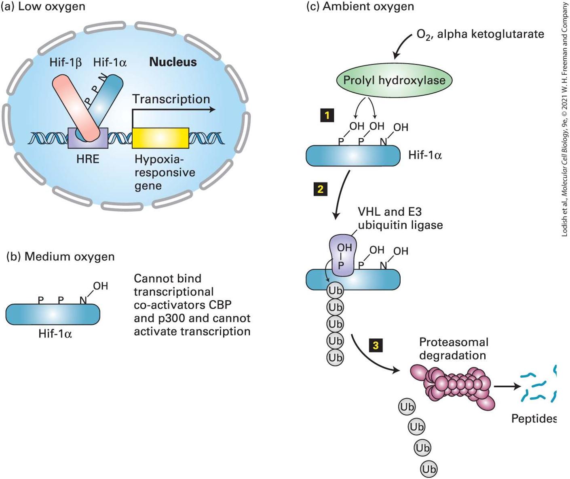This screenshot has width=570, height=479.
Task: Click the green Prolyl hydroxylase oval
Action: coord(394,80)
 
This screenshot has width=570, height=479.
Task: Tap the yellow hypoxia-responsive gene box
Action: coord(160,138)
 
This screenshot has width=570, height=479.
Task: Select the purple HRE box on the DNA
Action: coord(88,138)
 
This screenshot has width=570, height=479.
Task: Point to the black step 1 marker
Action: coord(327,116)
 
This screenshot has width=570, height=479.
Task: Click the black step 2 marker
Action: coord(321,189)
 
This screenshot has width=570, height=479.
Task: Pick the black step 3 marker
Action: coord(376,345)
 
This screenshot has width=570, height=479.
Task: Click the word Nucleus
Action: coord(173,62)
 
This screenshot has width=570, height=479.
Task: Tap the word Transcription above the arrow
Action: coord(171,99)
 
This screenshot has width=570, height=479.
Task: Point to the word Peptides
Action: coord(534,419)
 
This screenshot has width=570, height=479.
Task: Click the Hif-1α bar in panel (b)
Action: coord(53,314)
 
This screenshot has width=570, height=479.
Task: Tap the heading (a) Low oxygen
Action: coord(43,6)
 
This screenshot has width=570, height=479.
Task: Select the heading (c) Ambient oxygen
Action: coord(360,6)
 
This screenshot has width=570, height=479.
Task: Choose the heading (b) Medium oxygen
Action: coord(60,257)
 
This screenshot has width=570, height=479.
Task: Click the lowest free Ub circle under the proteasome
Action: coord(429,469)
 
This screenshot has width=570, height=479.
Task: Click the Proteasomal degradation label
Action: coord(454,349)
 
